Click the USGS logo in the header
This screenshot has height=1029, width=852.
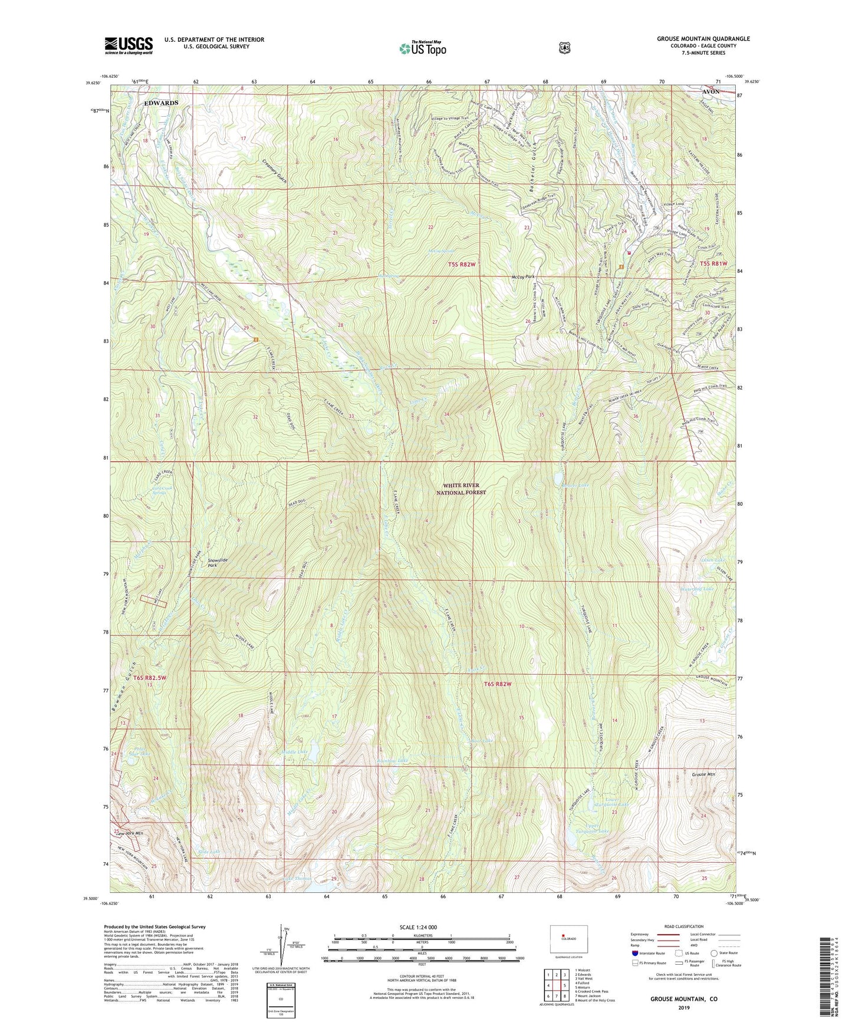coord(129,45)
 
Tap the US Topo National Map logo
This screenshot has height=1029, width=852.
coord(422,48)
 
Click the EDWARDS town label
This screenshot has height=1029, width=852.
coord(161,103)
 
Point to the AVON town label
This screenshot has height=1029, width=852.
coord(710,92)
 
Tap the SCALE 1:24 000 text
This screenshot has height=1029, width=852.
coord(418,927)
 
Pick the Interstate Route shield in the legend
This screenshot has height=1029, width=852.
coord(634,952)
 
